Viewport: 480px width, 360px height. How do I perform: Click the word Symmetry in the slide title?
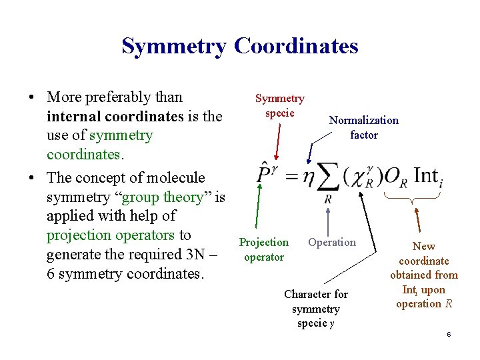tap(175, 47)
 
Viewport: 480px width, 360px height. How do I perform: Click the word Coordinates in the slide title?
tap(296, 47)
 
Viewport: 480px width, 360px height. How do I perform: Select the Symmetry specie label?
tap(280, 105)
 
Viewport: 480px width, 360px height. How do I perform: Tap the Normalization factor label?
tap(363, 127)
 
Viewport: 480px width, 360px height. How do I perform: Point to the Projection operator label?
tap(264, 249)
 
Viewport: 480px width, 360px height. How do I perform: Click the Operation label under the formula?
tap(332, 242)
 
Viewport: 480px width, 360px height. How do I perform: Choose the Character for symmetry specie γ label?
tap(316, 309)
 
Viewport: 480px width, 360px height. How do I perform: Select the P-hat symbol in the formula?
tap(264, 174)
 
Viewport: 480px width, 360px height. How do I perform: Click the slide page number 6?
tap(449, 333)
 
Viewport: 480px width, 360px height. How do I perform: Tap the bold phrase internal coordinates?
tap(115, 116)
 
